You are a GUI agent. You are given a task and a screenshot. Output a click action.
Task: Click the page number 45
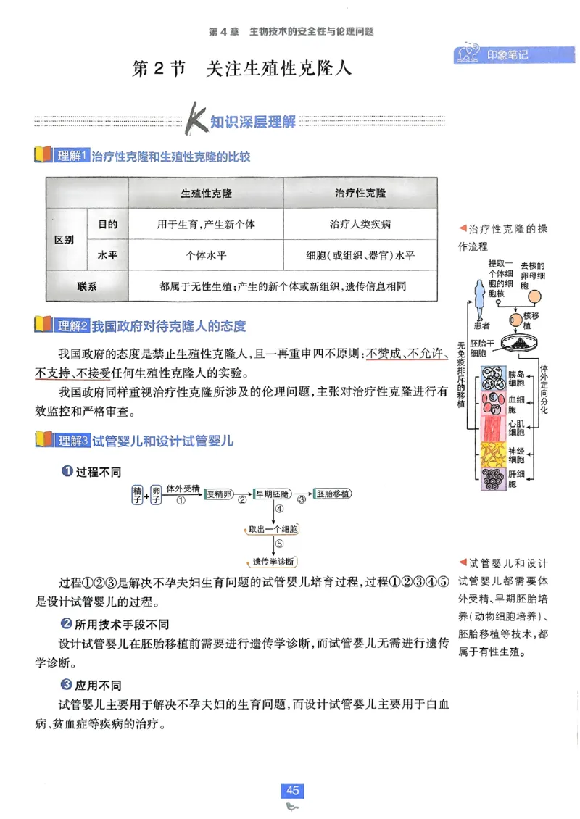(293, 791)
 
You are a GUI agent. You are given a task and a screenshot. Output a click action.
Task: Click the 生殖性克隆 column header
(206, 194)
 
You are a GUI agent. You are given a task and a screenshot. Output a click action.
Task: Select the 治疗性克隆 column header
(360, 194)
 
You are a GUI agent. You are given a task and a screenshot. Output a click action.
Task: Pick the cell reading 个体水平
(206, 256)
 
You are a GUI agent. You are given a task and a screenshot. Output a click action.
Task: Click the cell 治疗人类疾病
(360, 225)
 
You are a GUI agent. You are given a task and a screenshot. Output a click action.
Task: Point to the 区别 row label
(65, 240)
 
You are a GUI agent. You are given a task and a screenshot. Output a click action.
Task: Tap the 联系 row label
(86, 286)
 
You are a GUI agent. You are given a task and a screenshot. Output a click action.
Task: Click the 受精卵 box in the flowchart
(218, 494)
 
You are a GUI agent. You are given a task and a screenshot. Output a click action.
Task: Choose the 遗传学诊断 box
(272, 562)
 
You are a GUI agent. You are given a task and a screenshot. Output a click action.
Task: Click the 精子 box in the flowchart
(136, 494)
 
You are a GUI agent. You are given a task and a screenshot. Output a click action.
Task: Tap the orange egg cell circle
(534, 296)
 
